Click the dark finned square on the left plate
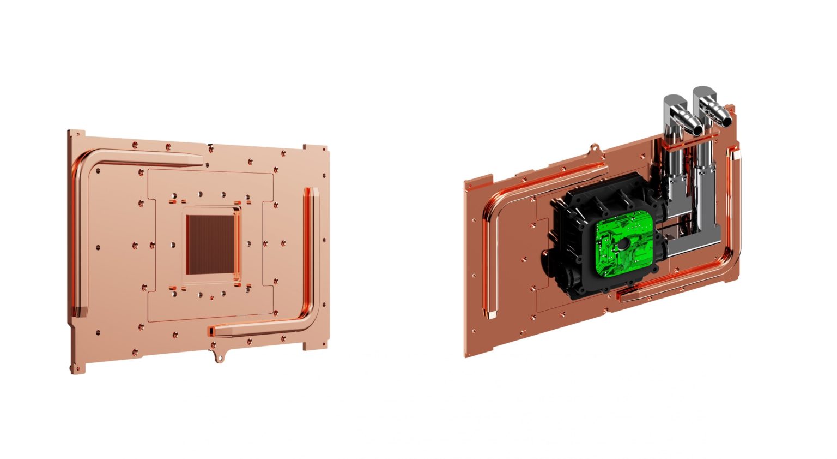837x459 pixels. [211, 244]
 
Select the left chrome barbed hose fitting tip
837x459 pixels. [695, 129]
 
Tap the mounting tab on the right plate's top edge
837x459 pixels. [596, 147]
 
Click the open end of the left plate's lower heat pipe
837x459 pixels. [211, 331]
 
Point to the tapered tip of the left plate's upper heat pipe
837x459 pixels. [199, 160]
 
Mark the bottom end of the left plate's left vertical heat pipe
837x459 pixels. [80, 312]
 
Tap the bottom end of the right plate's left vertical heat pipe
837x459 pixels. [492, 314]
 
